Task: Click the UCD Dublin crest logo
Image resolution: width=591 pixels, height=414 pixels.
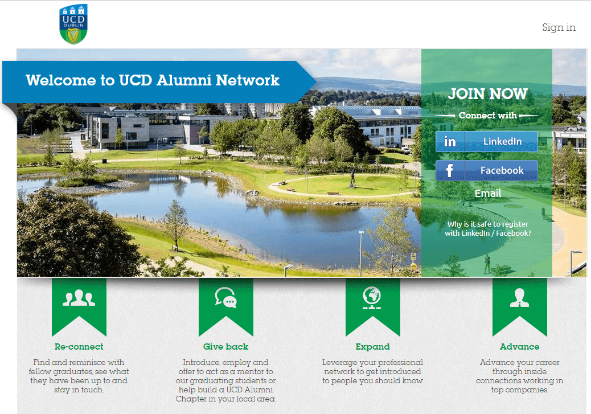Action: click(x=73, y=24)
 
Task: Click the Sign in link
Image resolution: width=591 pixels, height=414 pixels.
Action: click(x=559, y=27)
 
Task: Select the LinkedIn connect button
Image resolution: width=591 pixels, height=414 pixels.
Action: click(x=487, y=141)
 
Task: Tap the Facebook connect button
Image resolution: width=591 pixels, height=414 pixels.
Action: click(x=487, y=170)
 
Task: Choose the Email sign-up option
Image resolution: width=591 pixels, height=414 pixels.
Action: click(x=488, y=194)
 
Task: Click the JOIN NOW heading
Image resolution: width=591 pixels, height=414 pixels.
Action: click(x=487, y=94)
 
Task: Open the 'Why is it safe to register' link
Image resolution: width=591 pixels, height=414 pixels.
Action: click(x=488, y=228)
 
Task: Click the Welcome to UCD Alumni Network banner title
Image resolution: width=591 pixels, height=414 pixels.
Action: click(x=153, y=80)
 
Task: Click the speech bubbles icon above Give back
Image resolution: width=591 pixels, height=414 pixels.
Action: click(x=225, y=297)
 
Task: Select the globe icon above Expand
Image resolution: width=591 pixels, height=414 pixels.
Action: click(x=372, y=297)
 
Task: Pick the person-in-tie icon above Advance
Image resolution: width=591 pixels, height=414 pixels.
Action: click(x=519, y=298)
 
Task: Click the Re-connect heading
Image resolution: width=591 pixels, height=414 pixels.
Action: click(x=79, y=346)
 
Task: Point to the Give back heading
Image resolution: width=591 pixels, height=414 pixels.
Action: click(x=225, y=346)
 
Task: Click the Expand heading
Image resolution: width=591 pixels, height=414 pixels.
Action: click(x=372, y=346)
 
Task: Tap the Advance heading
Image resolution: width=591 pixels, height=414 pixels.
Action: click(x=519, y=346)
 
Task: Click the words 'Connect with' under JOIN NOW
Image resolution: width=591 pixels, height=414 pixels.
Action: click(x=487, y=116)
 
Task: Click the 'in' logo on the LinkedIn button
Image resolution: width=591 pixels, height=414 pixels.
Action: click(x=450, y=141)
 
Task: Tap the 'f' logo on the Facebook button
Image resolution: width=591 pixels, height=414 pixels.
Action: click(x=450, y=170)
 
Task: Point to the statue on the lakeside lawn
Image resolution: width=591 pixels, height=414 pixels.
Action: click(x=353, y=180)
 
